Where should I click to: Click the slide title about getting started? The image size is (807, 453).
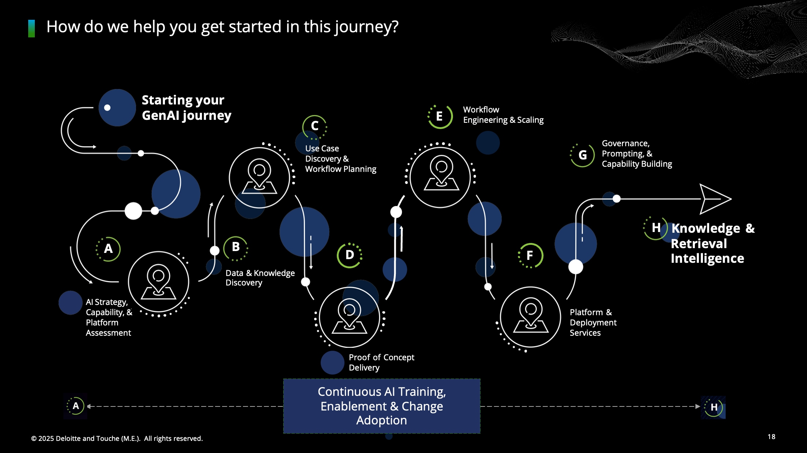[222, 27]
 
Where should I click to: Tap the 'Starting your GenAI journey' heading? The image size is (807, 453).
[187, 107]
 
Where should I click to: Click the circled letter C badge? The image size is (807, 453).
[314, 126]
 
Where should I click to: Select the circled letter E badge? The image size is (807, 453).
[440, 117]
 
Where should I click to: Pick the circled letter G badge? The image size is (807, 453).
[582, 155]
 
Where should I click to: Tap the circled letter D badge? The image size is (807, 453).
[350, 255]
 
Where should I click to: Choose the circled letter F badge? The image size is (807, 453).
[530, 255]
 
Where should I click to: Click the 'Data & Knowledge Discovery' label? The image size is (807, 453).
[260, 278]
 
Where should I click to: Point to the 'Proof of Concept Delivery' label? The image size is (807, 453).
[382, 362]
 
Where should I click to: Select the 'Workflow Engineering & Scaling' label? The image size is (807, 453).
[503, 115]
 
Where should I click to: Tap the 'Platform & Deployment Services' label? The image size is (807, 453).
[593, 323]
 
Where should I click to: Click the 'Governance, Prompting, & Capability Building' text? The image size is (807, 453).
[637, 154]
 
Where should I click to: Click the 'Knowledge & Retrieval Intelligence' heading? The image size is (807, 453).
[712, 243]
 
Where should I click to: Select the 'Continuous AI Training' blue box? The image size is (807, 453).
[382, 406]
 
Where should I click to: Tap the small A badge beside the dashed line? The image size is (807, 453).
[75, 406]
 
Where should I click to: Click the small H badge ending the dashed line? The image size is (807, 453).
[713, 407]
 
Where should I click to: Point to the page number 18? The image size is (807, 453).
[771, 437]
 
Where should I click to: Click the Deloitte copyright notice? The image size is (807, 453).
[117, 438]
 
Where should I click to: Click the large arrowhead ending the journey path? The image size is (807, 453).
[715, 199]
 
